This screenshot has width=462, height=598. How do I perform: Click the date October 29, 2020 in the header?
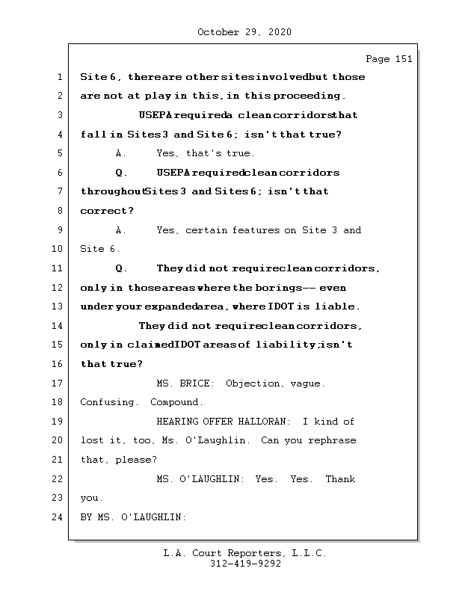(x=244, y=32)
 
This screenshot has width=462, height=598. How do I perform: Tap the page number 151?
(x=389, y=59)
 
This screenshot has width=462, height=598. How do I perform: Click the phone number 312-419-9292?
(x=245, y=564)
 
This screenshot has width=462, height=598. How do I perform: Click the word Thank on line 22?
(x=340, y=479)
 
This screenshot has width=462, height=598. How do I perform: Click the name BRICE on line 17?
(x=197, y=383)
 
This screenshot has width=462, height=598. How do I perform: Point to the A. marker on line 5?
(x=121, y=153)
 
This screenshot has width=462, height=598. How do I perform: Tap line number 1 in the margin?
(x=60, y=77)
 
